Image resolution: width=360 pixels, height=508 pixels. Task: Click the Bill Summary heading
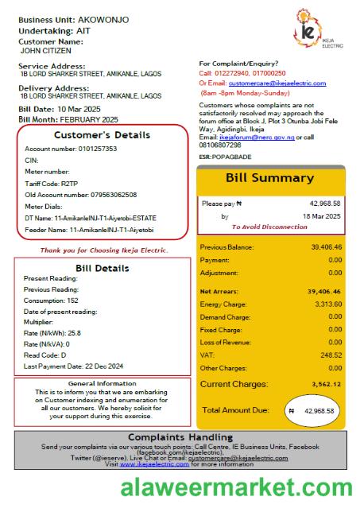pyautogui.click(x=269, y=177)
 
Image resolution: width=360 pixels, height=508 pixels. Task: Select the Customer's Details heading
pyautogui.click(x=102, y=135)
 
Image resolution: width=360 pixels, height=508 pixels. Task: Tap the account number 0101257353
pyautogui.click(x=93, y=149)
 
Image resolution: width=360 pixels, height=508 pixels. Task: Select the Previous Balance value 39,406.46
pyautogui.click(x=326, y=246)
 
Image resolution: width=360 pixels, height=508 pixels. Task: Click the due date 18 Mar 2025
pyautogui.click(x=321, y=216)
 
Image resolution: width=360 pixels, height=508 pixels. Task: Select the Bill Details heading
pyautogui.click(x=102, y=268)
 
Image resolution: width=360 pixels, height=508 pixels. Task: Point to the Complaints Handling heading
pyautogui.click(x=180, y=437)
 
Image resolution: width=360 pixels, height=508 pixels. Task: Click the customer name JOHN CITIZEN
pyautogui.click(x=47, y=49)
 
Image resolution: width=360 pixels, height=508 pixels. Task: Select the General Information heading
pyautogui.click(x=102, y=383)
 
